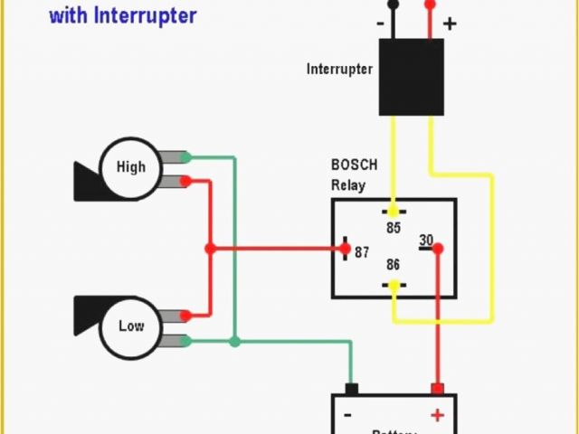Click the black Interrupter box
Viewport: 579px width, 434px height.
coord(411,76)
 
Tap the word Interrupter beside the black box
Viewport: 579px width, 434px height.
coord(339,69)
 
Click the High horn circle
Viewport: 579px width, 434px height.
coord(130,167)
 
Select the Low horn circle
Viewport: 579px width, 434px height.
coord(130,325)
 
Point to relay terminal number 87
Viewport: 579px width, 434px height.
coord(362,252)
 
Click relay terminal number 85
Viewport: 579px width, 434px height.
coord(393,228)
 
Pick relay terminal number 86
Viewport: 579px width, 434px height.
coord(393,265)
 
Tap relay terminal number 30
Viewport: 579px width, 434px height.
coord(426,241)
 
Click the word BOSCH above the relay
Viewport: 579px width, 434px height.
coord(354,165)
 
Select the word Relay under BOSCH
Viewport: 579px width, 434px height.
coord(348,186)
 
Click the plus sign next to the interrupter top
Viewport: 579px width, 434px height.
coord(449,24)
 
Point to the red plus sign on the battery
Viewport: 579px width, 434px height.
coord(437,415)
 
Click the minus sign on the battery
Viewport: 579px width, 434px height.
coord(347,415)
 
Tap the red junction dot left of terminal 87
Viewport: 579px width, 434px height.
coord(210,249)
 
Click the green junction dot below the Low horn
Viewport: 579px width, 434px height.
coord(234,342)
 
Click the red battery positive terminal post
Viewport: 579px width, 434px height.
coord(437,389)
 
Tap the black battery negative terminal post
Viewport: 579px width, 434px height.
coord(352,389)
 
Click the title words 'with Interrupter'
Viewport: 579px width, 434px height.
coord(122,15)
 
